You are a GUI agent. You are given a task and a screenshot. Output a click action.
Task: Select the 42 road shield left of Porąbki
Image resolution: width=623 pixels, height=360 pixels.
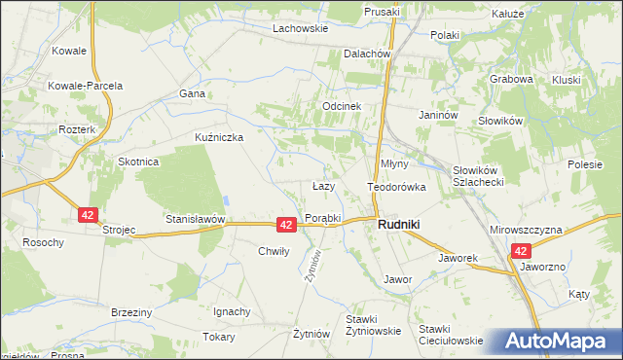pos(286,225)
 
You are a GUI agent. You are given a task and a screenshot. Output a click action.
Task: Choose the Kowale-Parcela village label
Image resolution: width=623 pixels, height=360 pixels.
pos(86,86)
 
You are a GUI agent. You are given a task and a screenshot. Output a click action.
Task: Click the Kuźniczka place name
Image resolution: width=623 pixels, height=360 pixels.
pos(219,137)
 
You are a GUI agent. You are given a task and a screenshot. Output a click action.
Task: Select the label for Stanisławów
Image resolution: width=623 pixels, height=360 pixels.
pos(196,220)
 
